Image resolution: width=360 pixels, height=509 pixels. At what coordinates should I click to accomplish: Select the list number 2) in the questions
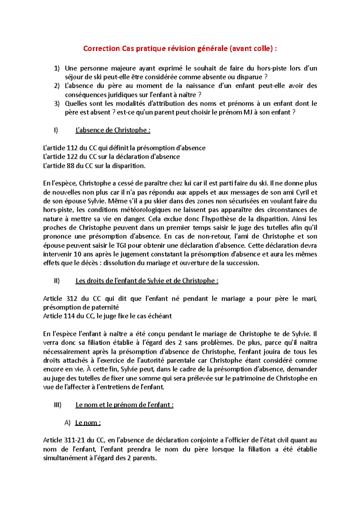tap(57, 86)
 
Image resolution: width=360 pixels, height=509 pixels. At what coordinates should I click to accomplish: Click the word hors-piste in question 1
tap(271, 68)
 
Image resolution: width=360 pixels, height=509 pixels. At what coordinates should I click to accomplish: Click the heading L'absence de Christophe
tap(112, 130)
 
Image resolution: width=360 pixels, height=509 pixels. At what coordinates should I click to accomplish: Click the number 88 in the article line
tap(70, 166)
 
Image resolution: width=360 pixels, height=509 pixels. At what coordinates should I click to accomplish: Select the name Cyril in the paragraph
tap(302, 192)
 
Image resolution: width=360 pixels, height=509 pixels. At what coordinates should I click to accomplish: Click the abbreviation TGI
tap(121, 246)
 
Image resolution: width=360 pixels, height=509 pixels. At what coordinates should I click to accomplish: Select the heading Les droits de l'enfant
tap(147, 281)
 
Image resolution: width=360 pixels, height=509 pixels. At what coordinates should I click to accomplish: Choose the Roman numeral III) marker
tap(58, 405)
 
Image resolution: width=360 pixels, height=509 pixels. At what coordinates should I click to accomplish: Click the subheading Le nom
tap(88, 423)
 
